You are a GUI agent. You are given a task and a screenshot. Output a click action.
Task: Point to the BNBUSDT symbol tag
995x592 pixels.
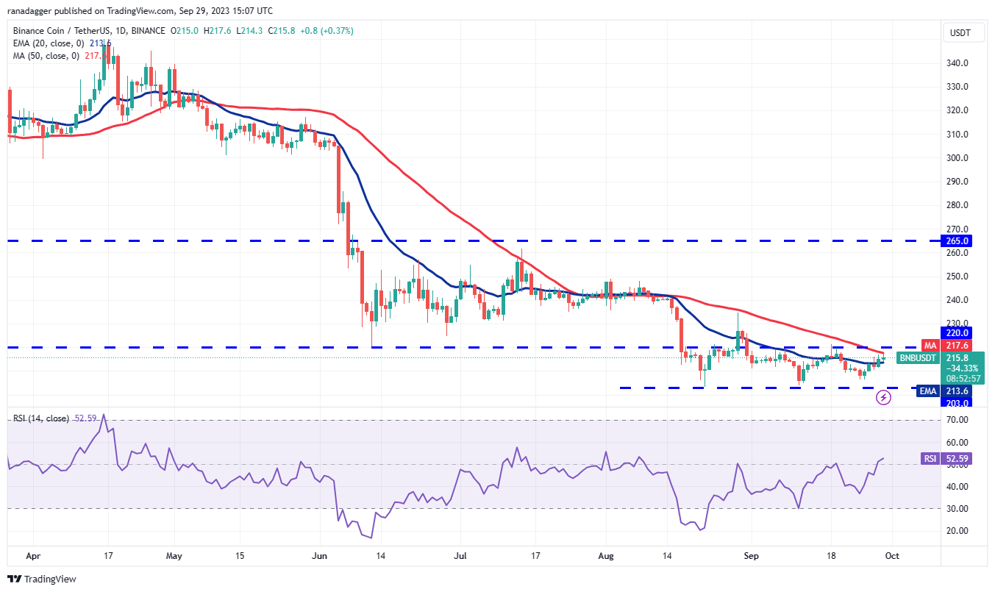click(918, 358)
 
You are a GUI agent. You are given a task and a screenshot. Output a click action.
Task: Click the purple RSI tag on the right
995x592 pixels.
click(930, 459)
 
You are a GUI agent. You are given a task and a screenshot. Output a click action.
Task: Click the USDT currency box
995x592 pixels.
click(960, 32)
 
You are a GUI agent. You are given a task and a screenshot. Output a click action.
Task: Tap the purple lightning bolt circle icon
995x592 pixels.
click(884, 398)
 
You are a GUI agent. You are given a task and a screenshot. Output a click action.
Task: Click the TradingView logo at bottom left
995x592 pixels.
click(42, 579)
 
